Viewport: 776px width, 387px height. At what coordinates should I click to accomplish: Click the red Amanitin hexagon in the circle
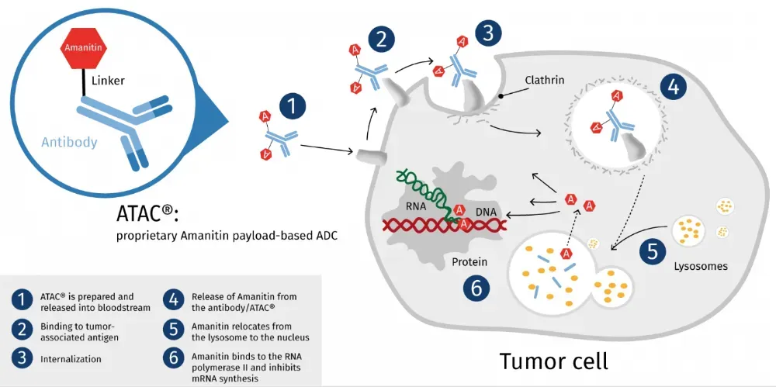[x=83, y=49]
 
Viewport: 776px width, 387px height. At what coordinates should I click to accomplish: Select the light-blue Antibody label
[x=69, y=142]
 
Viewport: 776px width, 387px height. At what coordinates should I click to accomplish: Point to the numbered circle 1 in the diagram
[x=293, y=106]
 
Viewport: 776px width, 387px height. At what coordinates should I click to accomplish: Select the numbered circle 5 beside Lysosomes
[x=652, y=251]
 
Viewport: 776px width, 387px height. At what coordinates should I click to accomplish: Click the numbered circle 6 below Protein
[x=476, y=288]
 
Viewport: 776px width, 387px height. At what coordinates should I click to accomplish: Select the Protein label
[x=470, y=262]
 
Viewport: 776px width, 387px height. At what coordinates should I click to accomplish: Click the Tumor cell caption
[x=553, y=362]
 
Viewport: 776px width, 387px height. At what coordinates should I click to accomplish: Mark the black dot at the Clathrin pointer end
[x=502, y=96]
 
